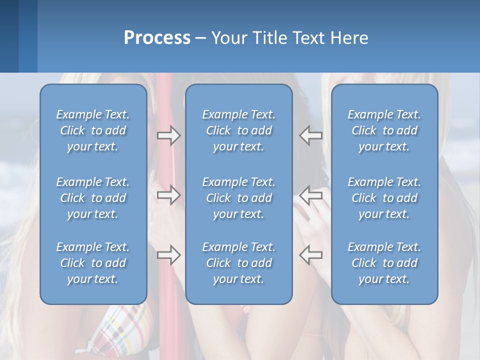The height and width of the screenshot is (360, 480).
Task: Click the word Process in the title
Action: point(157,38)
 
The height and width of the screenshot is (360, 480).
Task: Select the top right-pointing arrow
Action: point(168,135)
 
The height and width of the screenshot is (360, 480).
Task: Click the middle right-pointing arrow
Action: point(168,195)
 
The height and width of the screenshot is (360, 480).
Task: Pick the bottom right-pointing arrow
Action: point(168,255)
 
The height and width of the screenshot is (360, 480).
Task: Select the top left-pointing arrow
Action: point(310,135)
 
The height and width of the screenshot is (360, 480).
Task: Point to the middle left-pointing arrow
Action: point(310,195)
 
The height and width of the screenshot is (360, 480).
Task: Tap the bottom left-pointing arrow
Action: point(310,254)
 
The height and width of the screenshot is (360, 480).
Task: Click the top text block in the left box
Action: point(93,130)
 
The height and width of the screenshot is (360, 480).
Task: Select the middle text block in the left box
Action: point(93,198)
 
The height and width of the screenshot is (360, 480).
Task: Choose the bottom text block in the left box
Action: point(93,263)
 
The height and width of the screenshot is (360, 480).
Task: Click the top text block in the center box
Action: point(239,130)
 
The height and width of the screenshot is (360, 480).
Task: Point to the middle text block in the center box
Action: point(239,198)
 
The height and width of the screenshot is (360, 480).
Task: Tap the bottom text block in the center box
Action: point(239,263)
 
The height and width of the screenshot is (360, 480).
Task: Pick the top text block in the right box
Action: point(384,130)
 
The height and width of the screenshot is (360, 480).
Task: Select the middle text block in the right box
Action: point(384,198)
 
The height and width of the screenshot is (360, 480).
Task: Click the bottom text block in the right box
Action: point(384,263)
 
